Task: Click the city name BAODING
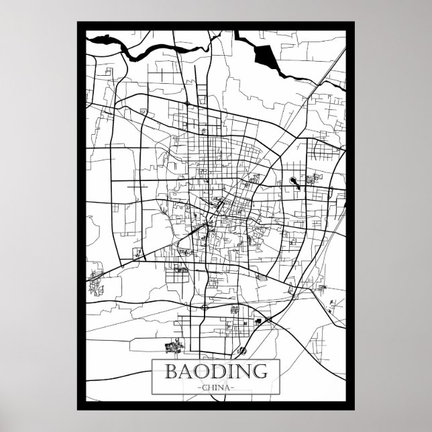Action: click(x=217, y=371)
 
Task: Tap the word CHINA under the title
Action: click(x=217, y=386)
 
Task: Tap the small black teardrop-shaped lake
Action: click(x=293, y=180)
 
